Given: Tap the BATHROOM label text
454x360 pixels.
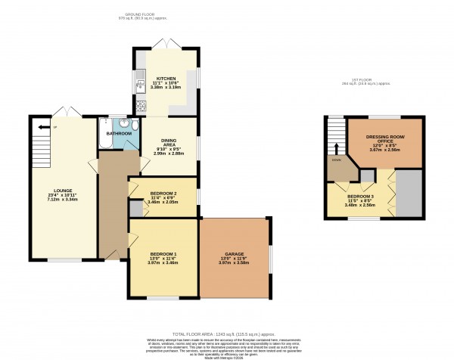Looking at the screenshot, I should (x=118, y=133).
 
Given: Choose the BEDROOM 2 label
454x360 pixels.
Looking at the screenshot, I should (x=163, y=193).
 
